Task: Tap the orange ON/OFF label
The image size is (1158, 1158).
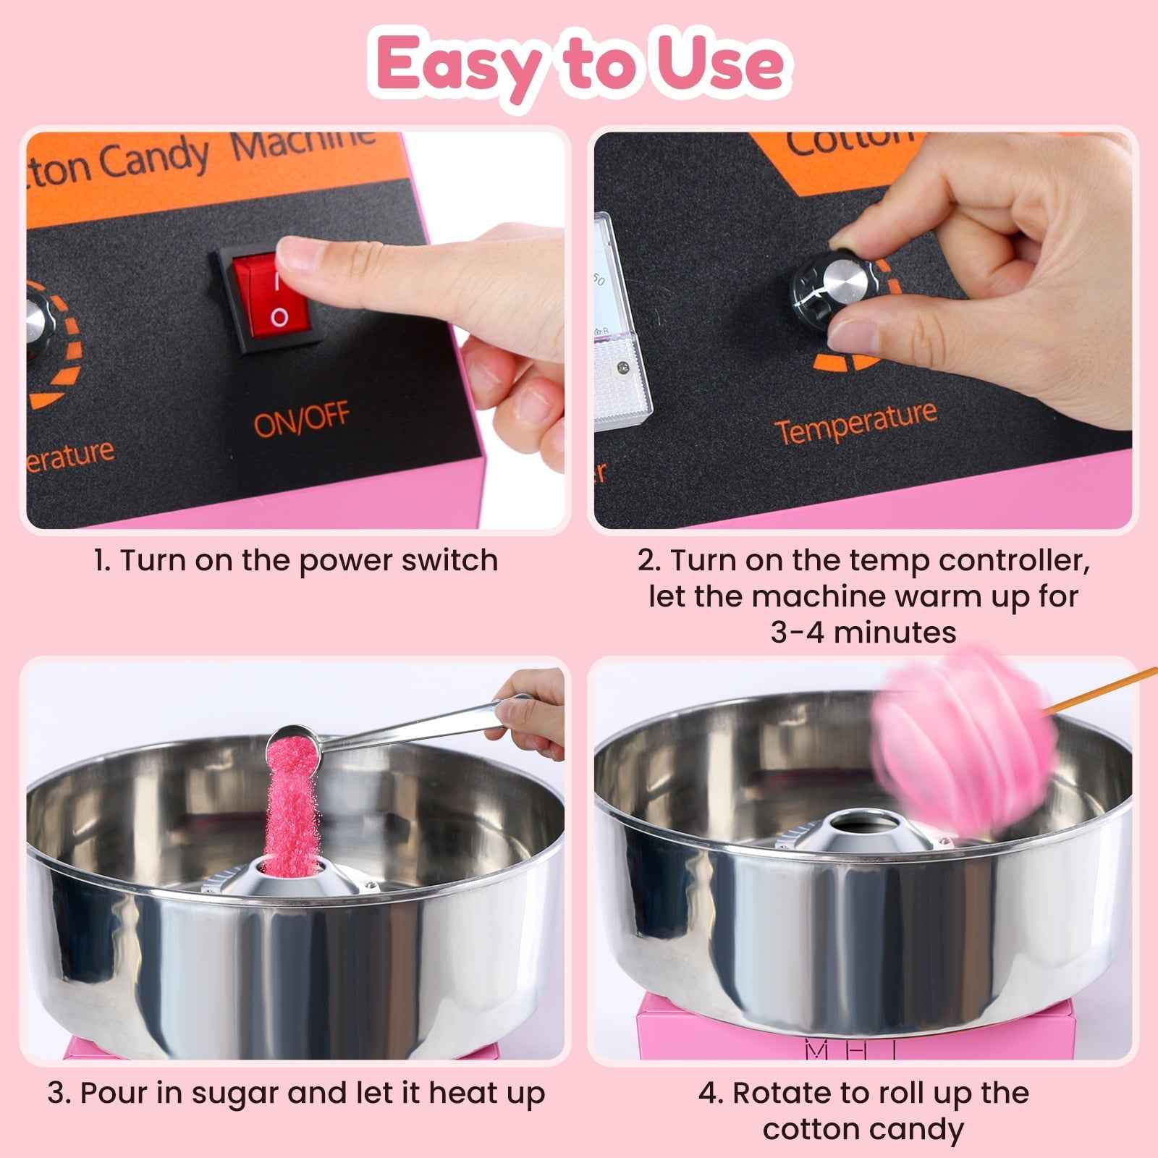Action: (x=301, y=420)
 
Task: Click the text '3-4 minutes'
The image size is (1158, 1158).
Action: (x=863, y=632)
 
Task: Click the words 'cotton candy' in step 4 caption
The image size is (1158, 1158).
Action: (x=863, y=1129)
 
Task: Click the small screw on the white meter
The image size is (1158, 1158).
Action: (x=621, y=368)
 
